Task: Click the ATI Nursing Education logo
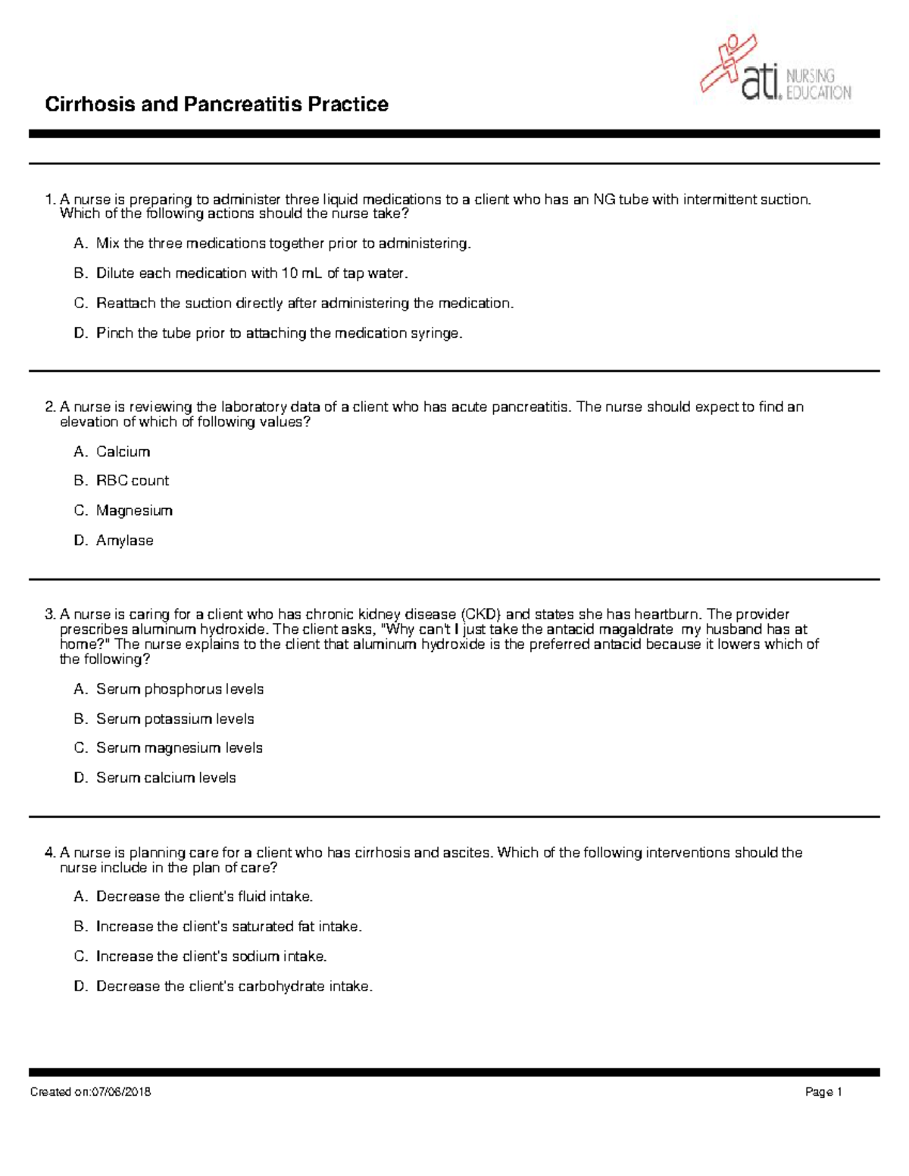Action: pos(775,70)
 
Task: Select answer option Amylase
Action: pos(124,541)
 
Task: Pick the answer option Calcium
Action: pos(123,451)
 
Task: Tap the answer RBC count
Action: pos(133,481)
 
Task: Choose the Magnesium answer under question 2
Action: pos(134,510)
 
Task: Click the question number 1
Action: pos(50,200)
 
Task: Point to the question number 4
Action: pos(50,853)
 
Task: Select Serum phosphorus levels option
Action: pos(180,689)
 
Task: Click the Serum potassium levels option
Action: pos(175,719)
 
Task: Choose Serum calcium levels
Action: pos(166,778)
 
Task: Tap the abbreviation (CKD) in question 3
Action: pos(480,614)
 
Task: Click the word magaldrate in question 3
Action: pos(636,629)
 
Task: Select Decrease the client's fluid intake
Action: pos(205,897)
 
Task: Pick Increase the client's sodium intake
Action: pos(211,956)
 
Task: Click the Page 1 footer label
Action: pos(823,1092)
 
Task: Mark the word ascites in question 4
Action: pos(467,853)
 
